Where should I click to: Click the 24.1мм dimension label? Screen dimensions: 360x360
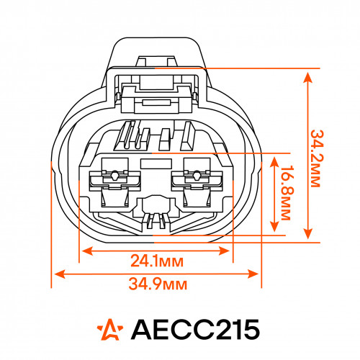click(157, 261)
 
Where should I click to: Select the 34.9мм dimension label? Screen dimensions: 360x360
click(158, 284)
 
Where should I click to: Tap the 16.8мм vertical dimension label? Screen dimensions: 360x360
click(286, 192)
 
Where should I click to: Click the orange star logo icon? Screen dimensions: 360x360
click(110, 329)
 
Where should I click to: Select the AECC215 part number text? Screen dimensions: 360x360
click(195, 329)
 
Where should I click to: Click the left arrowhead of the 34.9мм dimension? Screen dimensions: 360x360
click(60, 274)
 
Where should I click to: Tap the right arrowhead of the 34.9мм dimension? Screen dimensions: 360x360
click(253, 274)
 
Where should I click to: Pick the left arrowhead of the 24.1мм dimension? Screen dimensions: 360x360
click(87, 251)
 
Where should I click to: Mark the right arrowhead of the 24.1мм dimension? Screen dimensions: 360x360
click(225, 251)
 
